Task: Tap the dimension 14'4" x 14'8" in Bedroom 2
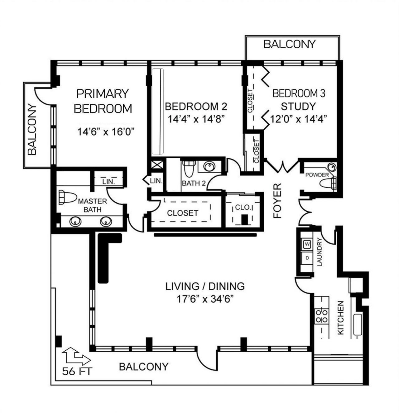click(x=196, y=119)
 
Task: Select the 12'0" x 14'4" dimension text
click(x=298, y=119)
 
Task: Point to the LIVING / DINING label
click(x=205, y=286)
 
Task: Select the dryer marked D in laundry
click(x=307, y=258)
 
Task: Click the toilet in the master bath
click(x=67, y=198)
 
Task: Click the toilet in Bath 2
click(x=188, y=170)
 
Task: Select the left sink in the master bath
click(x=75, y=222)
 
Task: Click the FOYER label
click(x=277, y=200)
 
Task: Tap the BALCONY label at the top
click(x=289, y=44)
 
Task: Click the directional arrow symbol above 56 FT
click(x=76, y=356)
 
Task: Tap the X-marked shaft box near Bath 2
click(x=156, y=165)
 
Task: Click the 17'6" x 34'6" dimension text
click(x=205, y=299)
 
